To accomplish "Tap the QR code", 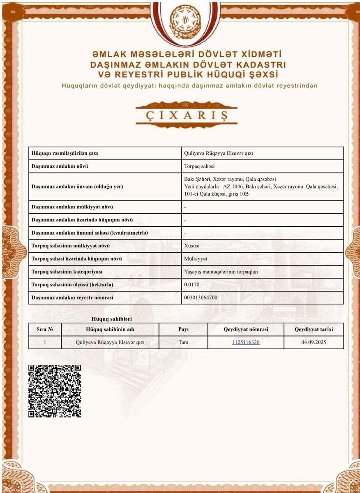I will (x=55, y=391).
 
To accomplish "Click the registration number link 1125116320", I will (x=246, y=342).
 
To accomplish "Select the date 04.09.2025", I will (x=314, y=342).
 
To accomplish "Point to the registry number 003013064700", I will (x=201, y=297).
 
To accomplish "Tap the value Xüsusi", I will (x=192, y=246).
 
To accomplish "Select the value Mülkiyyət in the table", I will (x=196, y=259).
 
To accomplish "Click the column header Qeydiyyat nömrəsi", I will (x=246, y=329).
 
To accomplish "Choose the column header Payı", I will (x=183, y=329).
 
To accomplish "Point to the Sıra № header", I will (x=45, y=329).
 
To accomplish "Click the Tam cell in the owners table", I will (x=183, y=342).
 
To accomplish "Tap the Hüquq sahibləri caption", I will (x=111, y=319).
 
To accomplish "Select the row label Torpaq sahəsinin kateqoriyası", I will (x=67, y=272).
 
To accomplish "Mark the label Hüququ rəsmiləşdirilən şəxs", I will (x=65, y=153).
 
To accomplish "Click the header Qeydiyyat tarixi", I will (x=314, y=329).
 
